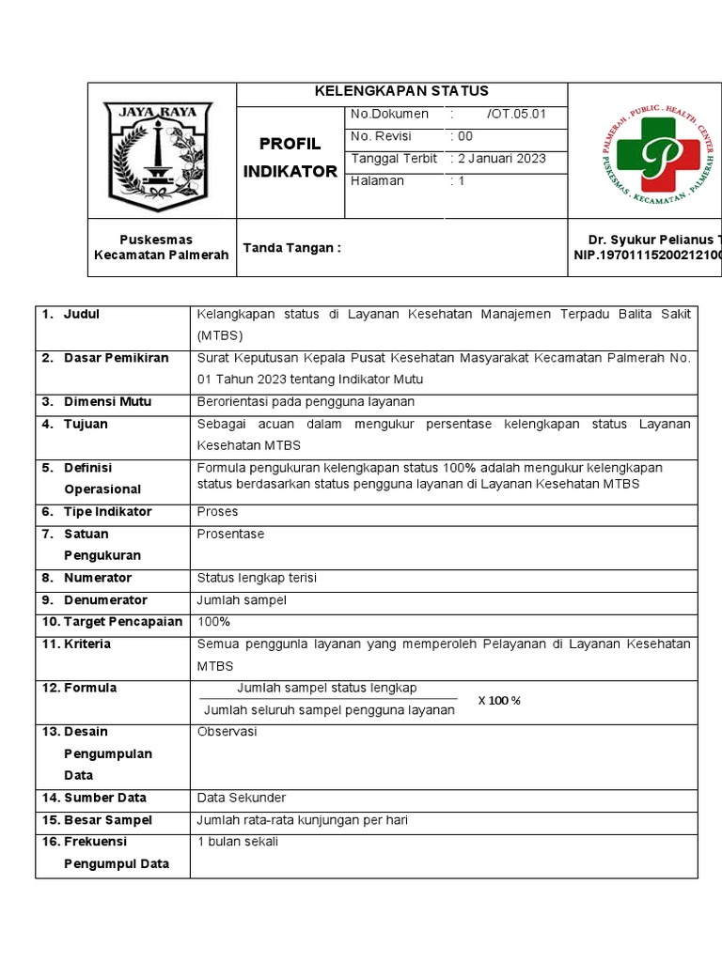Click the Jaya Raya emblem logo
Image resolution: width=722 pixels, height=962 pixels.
[157, 157]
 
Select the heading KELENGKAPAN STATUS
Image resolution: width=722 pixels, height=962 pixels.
[401, 91]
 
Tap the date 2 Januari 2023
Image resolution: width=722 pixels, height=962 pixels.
[501, 159]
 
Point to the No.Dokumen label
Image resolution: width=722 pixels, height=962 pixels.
[389, 114]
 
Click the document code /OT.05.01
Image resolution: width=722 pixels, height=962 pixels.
[516, 114]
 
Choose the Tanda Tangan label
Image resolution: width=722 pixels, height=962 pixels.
[291, 248]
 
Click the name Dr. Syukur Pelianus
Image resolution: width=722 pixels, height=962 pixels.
[649, 240]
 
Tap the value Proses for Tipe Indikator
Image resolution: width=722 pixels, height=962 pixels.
[217, 512]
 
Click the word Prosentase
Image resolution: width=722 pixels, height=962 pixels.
[230, 534]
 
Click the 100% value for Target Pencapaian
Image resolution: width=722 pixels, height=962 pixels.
[213, 622]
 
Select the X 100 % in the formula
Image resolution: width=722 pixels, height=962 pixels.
[498, 701]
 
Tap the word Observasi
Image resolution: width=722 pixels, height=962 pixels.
[227, 731]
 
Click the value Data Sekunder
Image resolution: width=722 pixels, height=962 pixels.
[241, 798]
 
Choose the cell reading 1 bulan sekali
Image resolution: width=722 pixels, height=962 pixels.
[237, 842]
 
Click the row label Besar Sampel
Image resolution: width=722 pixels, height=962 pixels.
[107, 820]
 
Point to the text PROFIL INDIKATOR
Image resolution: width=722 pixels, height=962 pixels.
[290, 157]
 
